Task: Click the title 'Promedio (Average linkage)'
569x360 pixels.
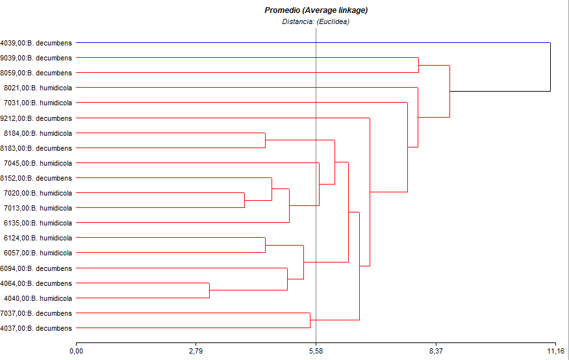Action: [316, 10]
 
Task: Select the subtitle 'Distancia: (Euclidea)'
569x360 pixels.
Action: [316, 21]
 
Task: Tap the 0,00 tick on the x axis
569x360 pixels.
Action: [76, 352]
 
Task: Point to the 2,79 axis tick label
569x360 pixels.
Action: [196, 352]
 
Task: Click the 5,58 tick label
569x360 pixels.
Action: [316, 352]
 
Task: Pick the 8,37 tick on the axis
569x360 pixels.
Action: [436, 352]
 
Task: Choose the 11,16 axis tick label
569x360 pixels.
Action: [555, 352]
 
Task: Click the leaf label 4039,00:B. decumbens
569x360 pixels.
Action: [36, 43]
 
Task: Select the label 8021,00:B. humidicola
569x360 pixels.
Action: [38, 88]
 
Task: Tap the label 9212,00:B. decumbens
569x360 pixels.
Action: [36, 118]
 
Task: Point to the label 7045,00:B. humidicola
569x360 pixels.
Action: [38, 163]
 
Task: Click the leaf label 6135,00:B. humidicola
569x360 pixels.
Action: [38, 223]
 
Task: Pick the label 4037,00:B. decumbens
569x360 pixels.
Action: [36, 328]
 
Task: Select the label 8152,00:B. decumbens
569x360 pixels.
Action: [36, 178]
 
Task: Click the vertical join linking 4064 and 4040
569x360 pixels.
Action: [209, 290]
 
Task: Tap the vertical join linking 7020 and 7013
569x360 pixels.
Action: [244, 200]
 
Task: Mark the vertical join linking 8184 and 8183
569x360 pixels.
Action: [265, 140]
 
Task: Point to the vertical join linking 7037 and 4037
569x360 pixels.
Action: [310, 320]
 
